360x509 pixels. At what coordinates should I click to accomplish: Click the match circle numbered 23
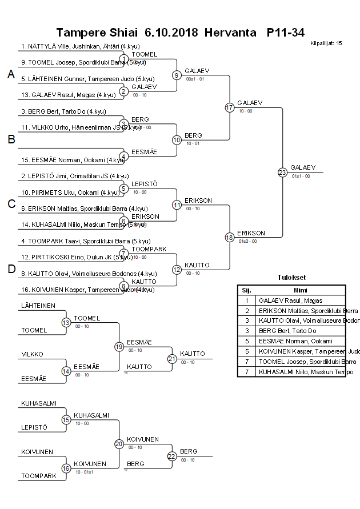tap(282, 172)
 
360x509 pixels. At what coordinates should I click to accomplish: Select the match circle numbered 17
tap(230, 107)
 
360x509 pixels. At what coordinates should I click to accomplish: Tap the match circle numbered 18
tap(230, 237)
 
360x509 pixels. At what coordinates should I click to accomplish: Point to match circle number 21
tap(172, 359)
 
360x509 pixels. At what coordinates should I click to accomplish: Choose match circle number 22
tap(172, 456)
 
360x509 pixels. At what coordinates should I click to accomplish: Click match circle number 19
tap(119, 346)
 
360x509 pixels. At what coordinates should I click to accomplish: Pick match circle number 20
tap(119, 443)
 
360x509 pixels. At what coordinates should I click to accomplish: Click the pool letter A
tap(11, 74)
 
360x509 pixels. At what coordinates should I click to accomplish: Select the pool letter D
tap(11, 269)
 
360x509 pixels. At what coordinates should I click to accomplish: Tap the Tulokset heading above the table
tap(291, 278)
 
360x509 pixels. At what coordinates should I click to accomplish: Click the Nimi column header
tap(301, 290)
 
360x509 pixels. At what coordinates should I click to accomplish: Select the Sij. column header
tap(247, 290)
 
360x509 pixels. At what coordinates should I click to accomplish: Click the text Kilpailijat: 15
tap(326, 43)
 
